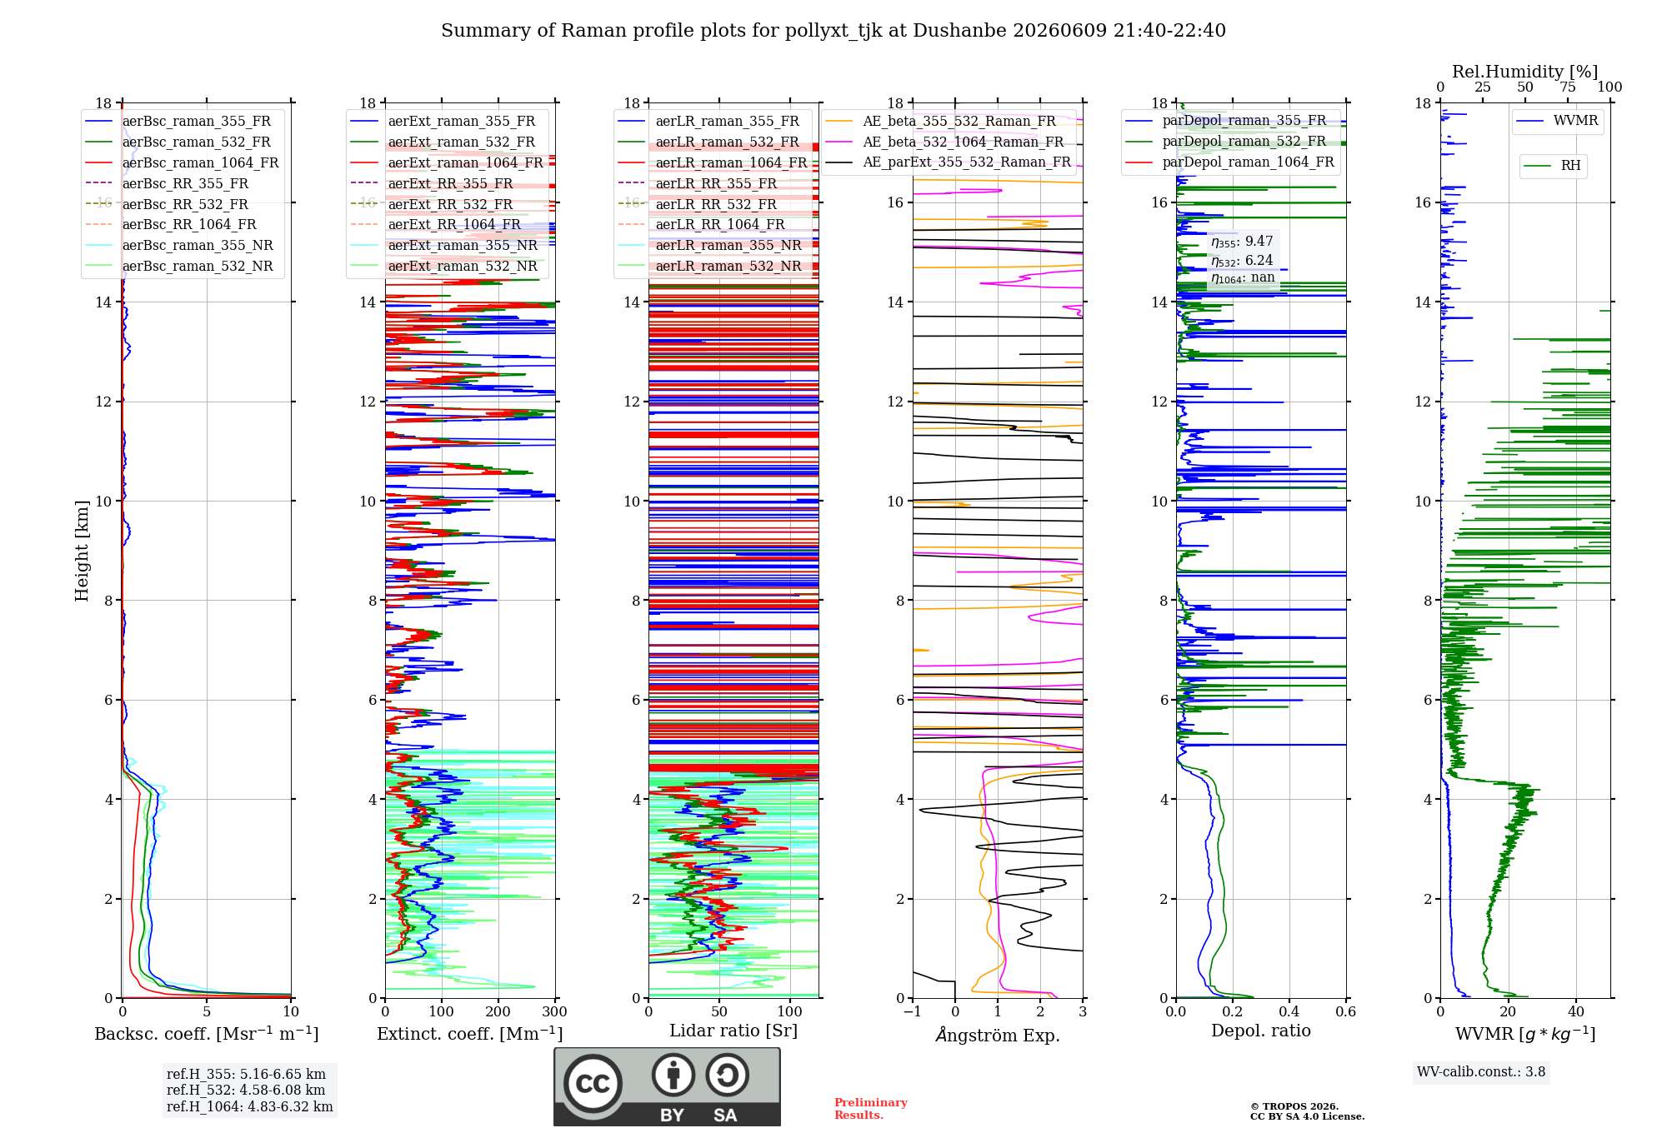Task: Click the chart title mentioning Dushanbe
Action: click(x=833, y=31)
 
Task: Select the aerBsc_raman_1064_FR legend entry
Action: click(x=182, y=162)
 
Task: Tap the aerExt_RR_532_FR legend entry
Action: click(x=431, y=204)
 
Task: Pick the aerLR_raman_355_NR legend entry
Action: click(x=709, y=245)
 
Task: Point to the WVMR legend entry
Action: click(x=1557, y=121)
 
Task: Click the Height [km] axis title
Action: click(x=82, y=551)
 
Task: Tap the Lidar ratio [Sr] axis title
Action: click(x=733, y=1031)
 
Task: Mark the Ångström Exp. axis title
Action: click(x=998, y=1035)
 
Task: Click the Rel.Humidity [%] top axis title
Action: click(x=1525, y=72)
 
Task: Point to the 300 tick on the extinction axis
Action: click(x=555, y=1011)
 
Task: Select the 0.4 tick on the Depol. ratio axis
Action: click(x=1289, y=1011)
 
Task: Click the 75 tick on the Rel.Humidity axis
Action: click(x=1568, y=87)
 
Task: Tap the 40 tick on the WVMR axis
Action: click(x=1576, y=1011)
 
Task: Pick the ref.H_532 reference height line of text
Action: click(x=246, y=1090)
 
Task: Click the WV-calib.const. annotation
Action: click(x=1481, y=1072)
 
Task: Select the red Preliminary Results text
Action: click(x=871, y=1109)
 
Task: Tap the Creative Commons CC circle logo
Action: click(x=593, y=1083)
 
